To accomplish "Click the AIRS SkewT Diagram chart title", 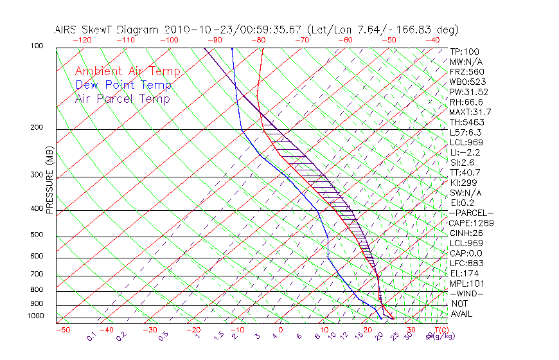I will pyautogui.click(x=256, y=30).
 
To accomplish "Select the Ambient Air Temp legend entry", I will pyautogui.click(x=127, y=72).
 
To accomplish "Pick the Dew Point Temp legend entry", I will pyautogui.click(x=123, y=85).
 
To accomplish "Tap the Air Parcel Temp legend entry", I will pyautogui.click(x=122, y=99).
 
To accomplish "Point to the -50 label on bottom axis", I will pyautogui.click(x=62, y=330).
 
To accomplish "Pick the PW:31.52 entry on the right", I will pyautogui.click(x=469, y=92).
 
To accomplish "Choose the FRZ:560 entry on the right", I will pyautogui.click(x=467, y=71).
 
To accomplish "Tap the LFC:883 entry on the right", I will pyautogui.click(x=467, y=264).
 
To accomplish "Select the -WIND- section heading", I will pyautogui.click(x=467, y=294).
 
